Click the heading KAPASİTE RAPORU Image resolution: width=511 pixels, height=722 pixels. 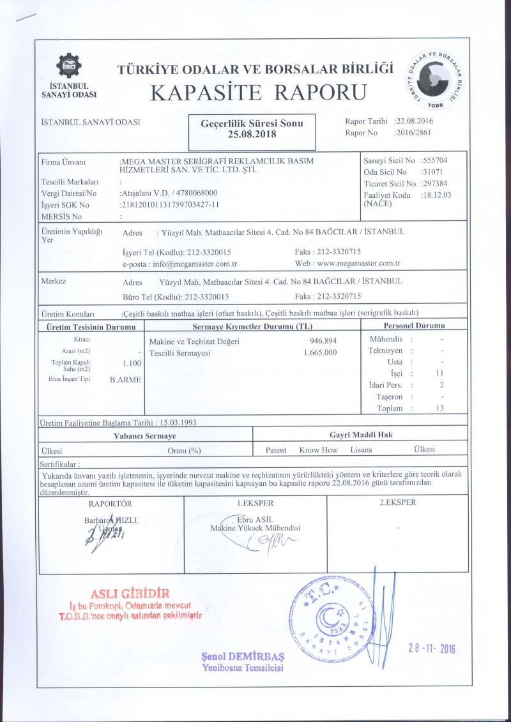259,93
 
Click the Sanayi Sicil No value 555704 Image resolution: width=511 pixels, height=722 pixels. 437,160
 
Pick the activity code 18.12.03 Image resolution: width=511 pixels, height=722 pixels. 436,195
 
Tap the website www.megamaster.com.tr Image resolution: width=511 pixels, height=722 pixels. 358,263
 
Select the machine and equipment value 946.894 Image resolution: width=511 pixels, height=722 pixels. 323,341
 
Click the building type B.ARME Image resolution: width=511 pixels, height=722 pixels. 126,380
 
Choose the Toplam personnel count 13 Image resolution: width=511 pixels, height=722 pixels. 439,409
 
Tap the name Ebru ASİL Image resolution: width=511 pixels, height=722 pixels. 256,520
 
